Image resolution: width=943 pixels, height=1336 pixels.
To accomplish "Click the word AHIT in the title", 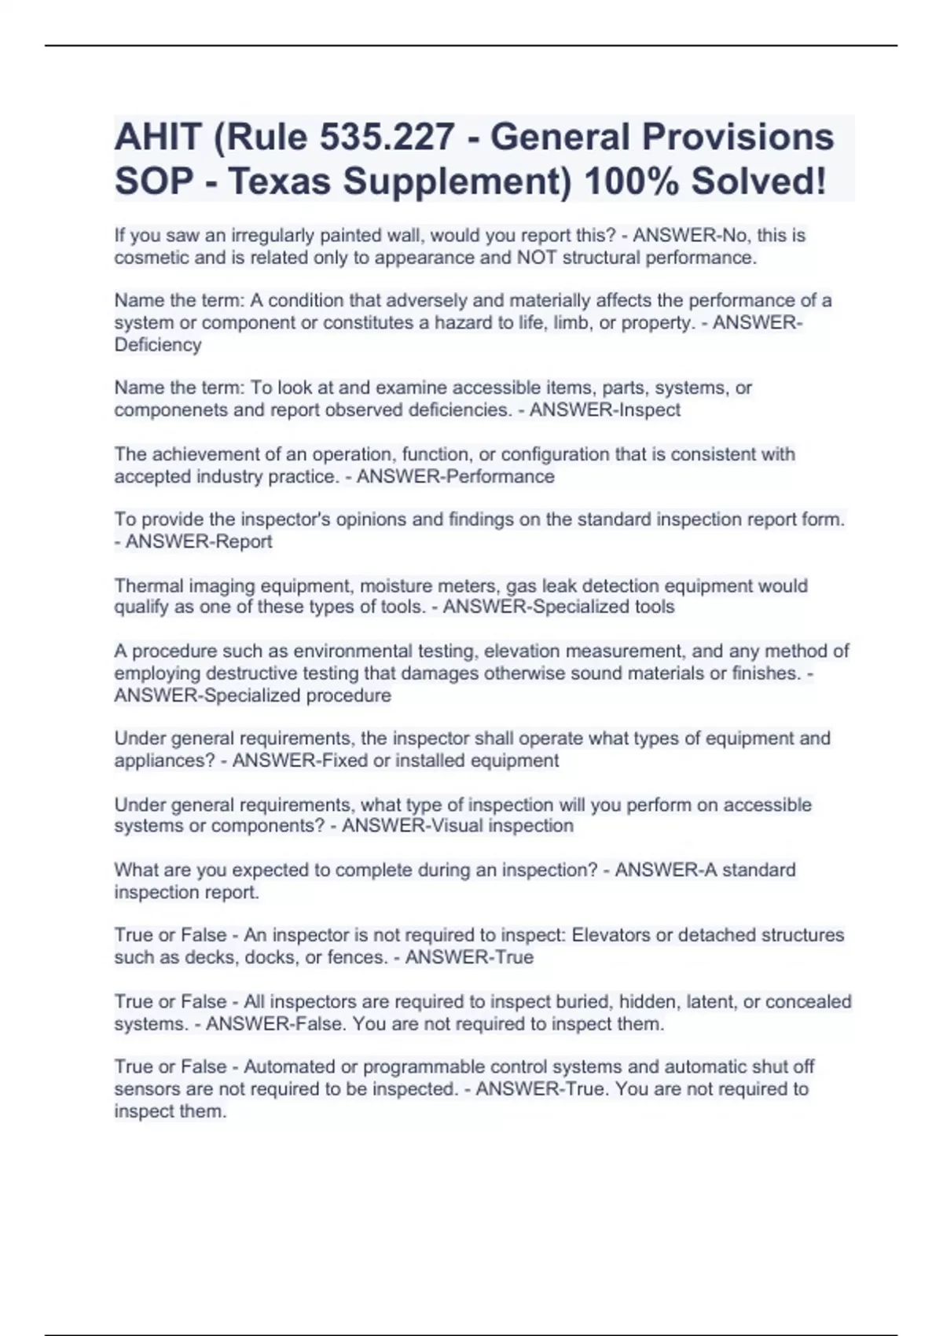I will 157,137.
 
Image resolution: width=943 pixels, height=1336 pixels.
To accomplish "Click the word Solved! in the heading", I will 758,182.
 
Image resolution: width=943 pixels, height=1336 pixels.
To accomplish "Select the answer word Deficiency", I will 158,345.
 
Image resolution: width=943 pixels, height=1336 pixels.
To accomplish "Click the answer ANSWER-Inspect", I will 604,410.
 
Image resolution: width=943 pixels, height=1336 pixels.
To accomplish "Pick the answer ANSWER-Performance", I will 455,477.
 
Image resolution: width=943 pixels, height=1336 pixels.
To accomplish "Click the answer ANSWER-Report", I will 199,541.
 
